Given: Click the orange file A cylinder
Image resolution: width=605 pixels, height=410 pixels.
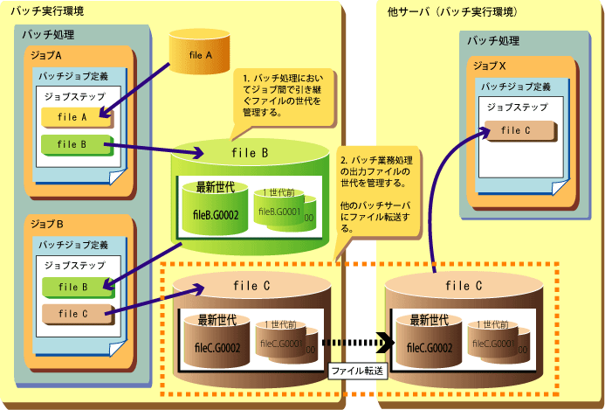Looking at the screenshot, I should pyautogui.click(x=201, y=53).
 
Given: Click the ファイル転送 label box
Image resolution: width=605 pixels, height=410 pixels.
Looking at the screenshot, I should pyautogui.click(x=357, y=371).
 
